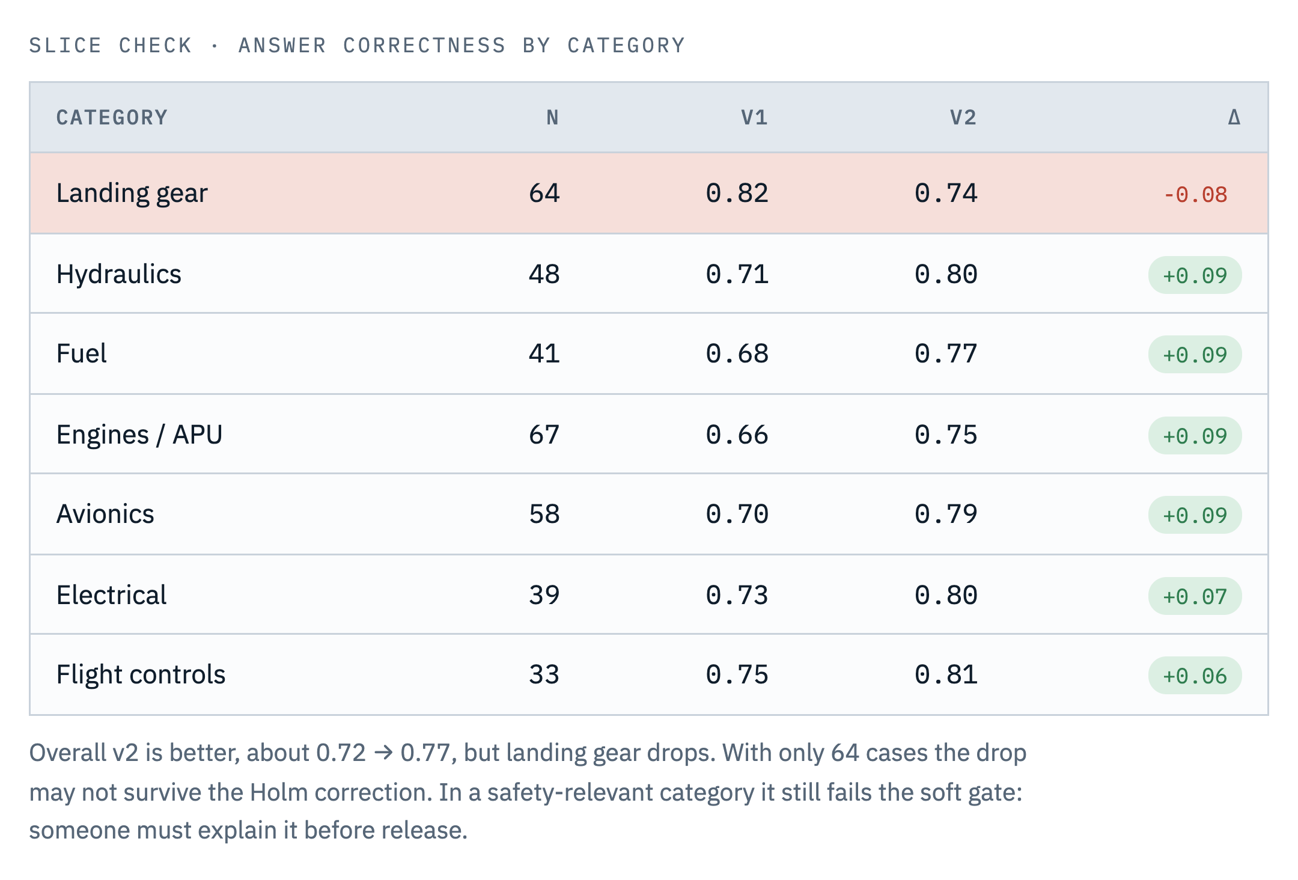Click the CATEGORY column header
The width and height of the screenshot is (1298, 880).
pos(112,117)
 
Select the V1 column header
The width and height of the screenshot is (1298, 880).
pos(754,117)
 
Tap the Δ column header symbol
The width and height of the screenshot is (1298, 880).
pos(1234,117)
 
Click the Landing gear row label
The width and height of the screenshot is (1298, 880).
pos(132,194)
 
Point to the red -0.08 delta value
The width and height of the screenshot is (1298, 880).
pos(1195,195)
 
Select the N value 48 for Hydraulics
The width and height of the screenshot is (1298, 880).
pos(544,274)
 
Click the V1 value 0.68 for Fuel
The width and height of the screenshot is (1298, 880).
pos(737,353)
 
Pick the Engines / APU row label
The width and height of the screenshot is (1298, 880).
pos(139,435)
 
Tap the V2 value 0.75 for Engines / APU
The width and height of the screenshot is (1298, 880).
pos(946,435)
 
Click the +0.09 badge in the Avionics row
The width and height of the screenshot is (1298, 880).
pos(1195,515)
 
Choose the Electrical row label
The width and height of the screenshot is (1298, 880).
pos(111,595)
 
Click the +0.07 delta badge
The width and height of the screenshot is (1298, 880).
pos(1195,596)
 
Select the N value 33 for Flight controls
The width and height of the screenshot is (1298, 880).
pos(544,674)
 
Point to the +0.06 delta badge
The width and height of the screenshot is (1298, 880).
pos(1195,676)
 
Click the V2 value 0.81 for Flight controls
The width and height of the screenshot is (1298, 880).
pos(946,674)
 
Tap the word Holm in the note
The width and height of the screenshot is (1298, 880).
pos(279,792)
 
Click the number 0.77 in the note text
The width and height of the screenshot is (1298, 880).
pos(426,753)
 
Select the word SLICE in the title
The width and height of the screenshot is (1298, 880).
pos(66,46)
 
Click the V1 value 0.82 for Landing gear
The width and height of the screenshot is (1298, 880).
pos(737,193)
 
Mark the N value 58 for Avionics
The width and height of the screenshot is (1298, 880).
pos(544,514)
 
